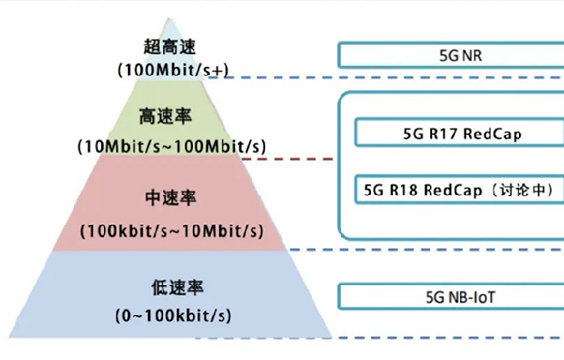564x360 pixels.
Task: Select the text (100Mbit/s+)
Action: [170, 71]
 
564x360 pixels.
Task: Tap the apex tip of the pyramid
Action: [170, 18]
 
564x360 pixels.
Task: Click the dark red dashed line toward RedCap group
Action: [309, 159]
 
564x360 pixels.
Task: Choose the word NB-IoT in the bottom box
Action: [463, 296]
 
